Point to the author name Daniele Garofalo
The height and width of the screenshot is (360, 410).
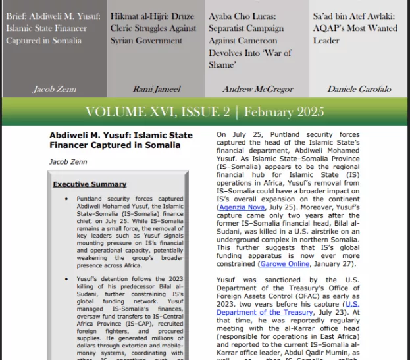coord(359,89)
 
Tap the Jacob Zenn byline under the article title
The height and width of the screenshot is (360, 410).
coord(68,161)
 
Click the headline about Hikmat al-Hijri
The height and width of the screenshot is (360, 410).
coord(153,28)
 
